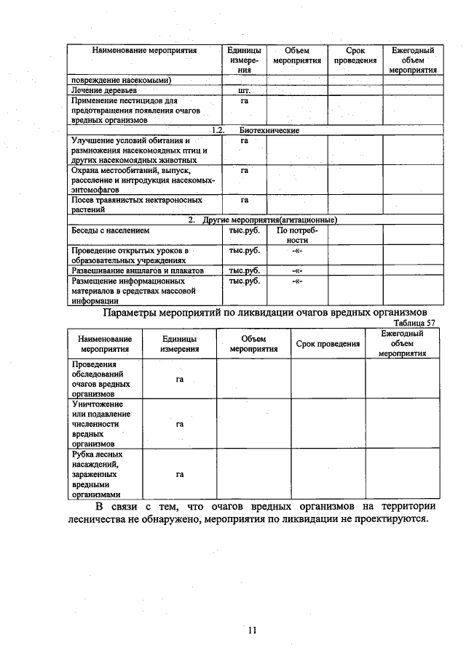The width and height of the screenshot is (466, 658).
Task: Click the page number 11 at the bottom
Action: point(251,630)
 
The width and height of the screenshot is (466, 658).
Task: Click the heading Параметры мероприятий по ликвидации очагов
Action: point(268,313)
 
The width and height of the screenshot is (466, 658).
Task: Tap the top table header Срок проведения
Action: point(355,56)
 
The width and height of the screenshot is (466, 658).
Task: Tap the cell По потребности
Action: point(296,235)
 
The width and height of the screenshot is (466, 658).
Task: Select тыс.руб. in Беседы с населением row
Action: point(244,230)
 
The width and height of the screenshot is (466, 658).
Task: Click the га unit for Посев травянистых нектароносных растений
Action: point(244,199)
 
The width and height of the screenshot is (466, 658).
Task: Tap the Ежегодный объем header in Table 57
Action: point(402,343)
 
